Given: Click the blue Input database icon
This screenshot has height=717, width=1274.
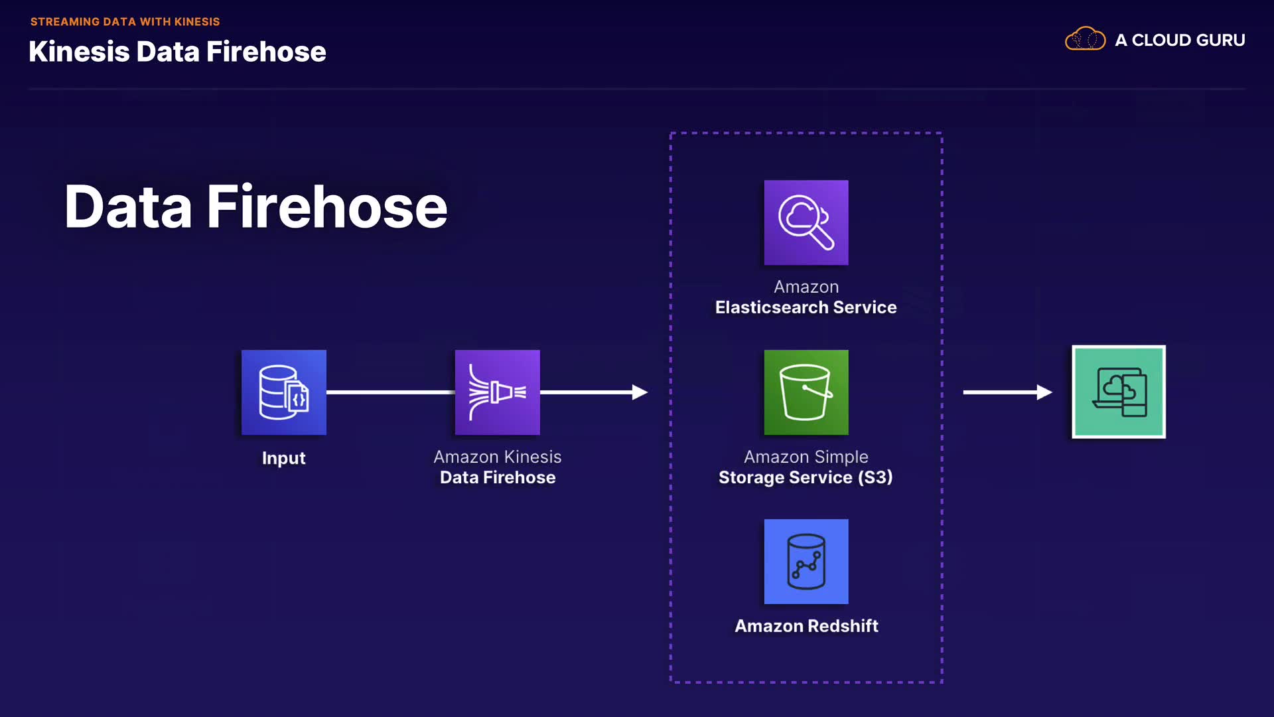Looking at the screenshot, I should click(284, 392).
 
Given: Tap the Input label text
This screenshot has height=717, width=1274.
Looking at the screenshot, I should click(284, 458).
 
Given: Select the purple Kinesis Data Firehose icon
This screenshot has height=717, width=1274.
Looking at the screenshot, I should click(498, 392).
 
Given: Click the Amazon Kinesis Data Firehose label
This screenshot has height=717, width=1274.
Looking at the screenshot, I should click(498, 467).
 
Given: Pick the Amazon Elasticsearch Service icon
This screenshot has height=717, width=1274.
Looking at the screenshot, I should click(806, 222).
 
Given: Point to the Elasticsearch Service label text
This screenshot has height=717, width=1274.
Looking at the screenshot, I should click(806, 307).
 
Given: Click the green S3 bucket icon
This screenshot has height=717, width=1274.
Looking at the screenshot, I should click(806, 392).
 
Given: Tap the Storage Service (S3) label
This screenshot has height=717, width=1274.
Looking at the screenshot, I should click(806, 477).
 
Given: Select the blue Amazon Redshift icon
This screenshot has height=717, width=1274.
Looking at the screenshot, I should click(806, 562).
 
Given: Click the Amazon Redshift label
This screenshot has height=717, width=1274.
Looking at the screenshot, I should click(806, 626).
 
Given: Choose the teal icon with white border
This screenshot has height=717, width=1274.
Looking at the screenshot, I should click(1119, 392).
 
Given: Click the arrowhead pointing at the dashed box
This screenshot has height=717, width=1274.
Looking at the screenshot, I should click(640, 392).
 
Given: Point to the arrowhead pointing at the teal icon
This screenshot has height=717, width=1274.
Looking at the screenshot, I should click(1044, 392).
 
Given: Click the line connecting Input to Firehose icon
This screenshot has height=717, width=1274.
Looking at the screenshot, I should click(390, 392).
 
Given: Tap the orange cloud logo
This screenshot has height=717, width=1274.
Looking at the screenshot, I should click(1085, 39).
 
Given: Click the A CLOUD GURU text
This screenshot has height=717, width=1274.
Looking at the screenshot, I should click(1180, 40).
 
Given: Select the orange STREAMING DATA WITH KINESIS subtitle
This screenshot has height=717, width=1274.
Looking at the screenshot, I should click(125, 22).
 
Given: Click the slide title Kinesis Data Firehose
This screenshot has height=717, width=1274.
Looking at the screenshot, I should click(177, 52).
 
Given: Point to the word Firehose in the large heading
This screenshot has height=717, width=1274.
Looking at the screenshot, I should click(327, 207).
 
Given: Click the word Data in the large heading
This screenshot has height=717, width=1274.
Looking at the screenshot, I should click(128, 207).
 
